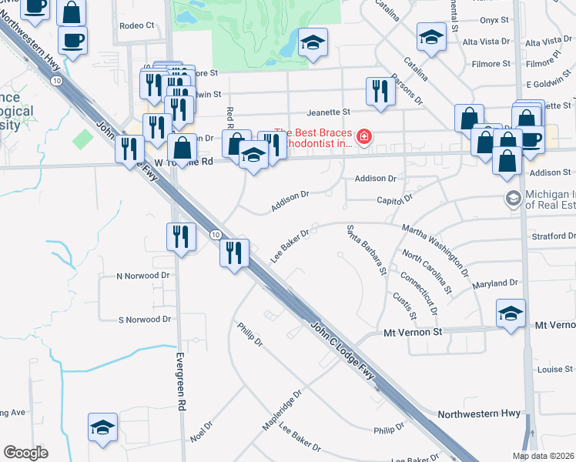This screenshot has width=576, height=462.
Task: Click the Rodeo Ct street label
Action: [137, 25]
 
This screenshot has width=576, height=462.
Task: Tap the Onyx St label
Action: [494, 20]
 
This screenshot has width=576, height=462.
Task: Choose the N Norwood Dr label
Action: [142, 275]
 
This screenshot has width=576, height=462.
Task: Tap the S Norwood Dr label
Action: [144, 319]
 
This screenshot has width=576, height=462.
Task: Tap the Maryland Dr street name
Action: [496, 283]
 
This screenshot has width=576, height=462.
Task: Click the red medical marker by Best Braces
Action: [363, 139]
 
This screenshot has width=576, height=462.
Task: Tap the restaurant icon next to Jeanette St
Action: [380, 92]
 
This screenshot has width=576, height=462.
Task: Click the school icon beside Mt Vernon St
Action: [511, 313]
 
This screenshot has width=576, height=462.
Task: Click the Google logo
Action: [25, 452]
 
